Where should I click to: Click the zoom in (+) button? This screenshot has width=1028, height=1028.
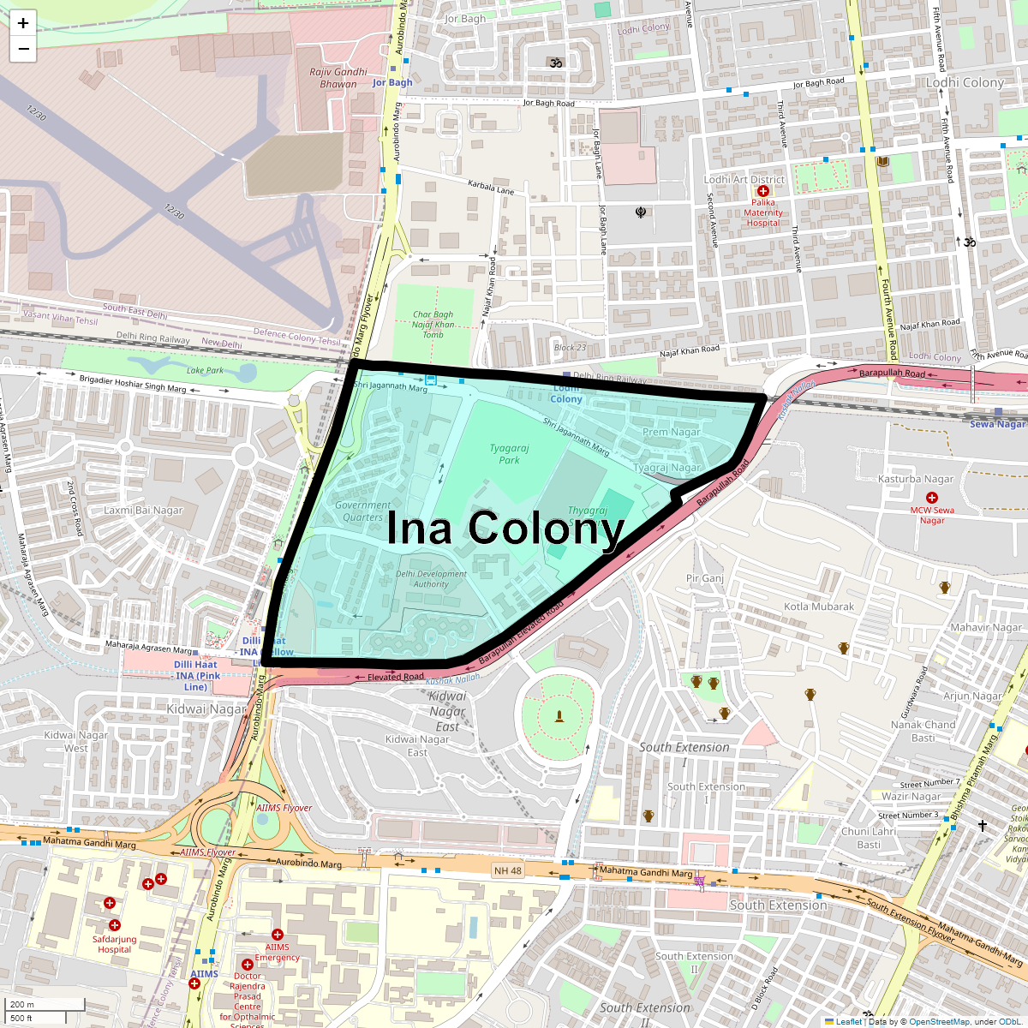[x=23, y=23]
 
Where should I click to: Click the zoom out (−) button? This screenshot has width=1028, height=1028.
[x=23, y=49]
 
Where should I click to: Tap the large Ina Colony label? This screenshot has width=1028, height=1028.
[x=505, y=528]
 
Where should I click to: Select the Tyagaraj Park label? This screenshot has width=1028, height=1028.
[x=509, y=454]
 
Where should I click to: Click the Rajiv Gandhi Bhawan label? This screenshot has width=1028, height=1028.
[x=338, y=78]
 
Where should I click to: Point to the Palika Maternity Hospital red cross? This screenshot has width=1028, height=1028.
[x=763, y=191]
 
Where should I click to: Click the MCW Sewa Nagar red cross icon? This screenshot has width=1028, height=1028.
[x=932, y=498]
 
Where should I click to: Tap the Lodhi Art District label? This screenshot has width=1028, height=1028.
[x=744, y=180]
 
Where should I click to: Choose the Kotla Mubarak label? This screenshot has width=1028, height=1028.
[x=819, y=607]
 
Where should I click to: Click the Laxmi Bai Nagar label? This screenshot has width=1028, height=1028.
[x=144, y=510]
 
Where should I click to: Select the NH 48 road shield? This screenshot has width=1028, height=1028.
[x=507, y=870]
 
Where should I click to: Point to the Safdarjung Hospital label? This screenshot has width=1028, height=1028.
[x=115, y=944]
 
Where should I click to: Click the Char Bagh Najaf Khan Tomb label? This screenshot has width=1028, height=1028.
[x=433, y=325]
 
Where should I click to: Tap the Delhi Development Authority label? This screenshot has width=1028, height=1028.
[x=432, y=579]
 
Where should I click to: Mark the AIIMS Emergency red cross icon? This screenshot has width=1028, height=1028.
[x=278, y=935]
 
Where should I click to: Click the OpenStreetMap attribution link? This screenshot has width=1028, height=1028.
[x=939, y=1021]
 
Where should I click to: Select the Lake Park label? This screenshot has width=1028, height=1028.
[x=205, y=371]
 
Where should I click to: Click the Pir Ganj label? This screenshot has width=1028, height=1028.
[x=705, y=578]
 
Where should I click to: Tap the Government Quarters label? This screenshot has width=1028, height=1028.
[x=363, y=511]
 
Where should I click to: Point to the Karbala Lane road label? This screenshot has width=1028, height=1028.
[x=491, y=187]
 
